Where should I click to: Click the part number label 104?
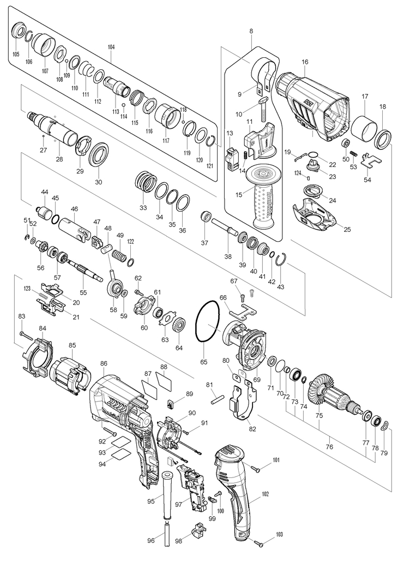tap(111, 47)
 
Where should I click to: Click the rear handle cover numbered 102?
tap(240, 497)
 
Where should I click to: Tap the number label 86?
tap(104, 363)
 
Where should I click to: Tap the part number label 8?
tap(251, 32)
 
